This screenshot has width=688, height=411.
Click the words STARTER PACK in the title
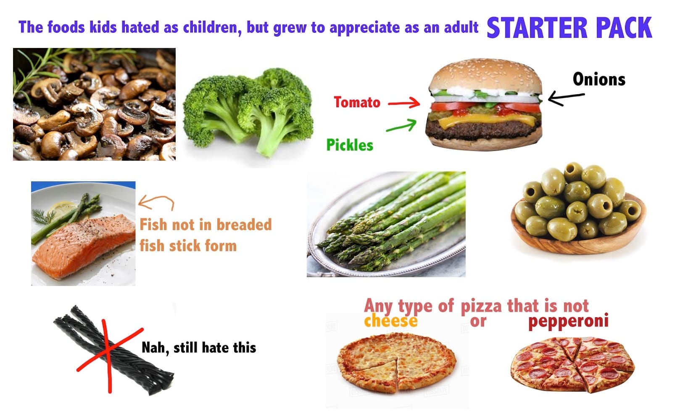pyautogui.click(x=569, y=28)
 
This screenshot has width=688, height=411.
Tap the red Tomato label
pyautogui.click(x=357, y=102)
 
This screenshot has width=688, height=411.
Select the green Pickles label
pyautogui.click(x=350, y=145)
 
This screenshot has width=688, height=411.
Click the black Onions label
pyautogui.click(x=599, y=80)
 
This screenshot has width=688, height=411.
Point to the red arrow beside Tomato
pyautogui.click(x=403, y=103)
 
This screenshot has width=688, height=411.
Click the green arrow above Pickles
pyautogui.click(x=401, y=125)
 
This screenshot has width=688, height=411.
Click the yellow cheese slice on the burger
pyautogui.click(x=483, y=121)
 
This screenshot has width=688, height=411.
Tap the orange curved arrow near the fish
pyautogui.click(x=156, y=202)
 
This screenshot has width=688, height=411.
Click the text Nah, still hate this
pyautogui.click(x=199, y=348)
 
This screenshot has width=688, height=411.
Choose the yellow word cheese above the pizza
pyautogui.click(x=390, y=321)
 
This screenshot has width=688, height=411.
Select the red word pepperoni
pyautogui.click(x=568, y=321)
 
